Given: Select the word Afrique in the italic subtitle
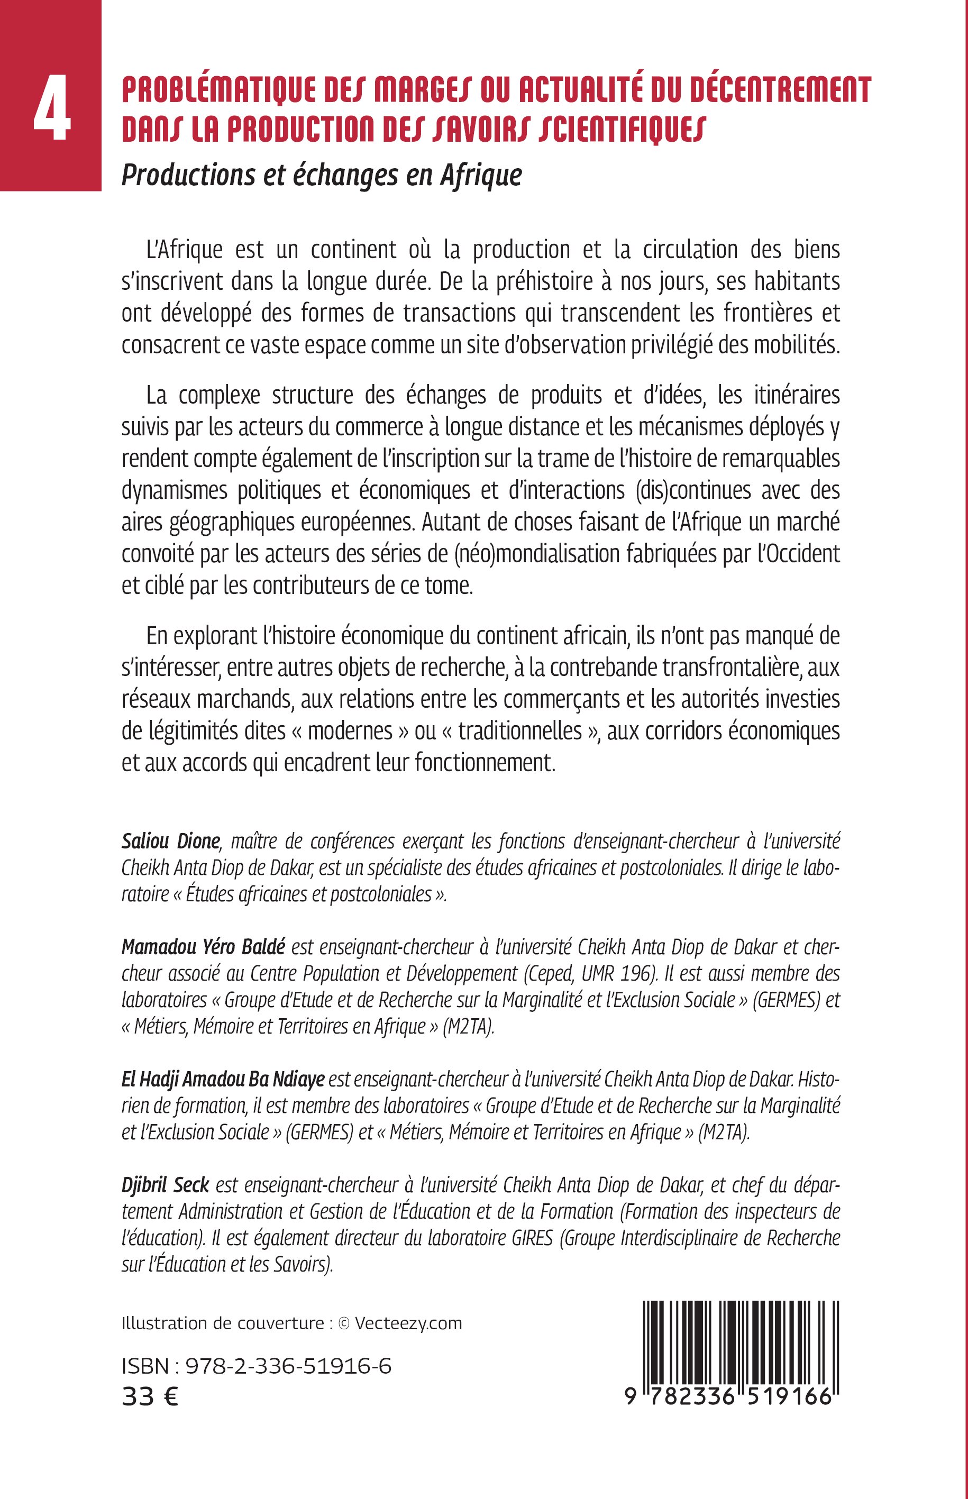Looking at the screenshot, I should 481,176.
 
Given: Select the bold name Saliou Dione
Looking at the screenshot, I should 171,841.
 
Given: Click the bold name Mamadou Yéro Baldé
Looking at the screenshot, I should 203,947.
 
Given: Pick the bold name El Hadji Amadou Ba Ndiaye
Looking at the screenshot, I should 223,1079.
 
